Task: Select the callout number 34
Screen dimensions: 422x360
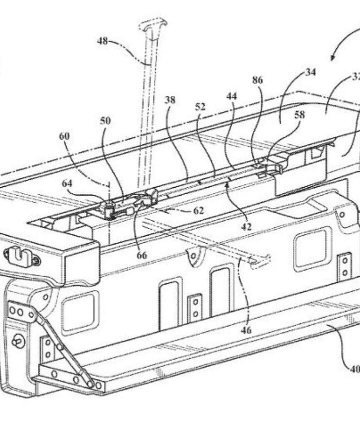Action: pyautogui.click(x=310, y=71)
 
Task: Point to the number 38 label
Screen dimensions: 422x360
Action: pyautogui.click(x=170, y=99)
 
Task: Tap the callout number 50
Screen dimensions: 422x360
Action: pyautogui.click(x=105, y=121)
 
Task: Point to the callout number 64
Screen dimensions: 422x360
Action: pyautogui.click(x=67, y=183)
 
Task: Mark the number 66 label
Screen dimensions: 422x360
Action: pyautogui.click(x=142, y=255)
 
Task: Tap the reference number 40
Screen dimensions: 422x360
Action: pyautogui.click(x=353, y=370)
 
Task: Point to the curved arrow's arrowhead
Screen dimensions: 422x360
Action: pyautogui.click(x=331, y=59)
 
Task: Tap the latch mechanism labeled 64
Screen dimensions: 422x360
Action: pyautogui.click(x=109, y=208)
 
